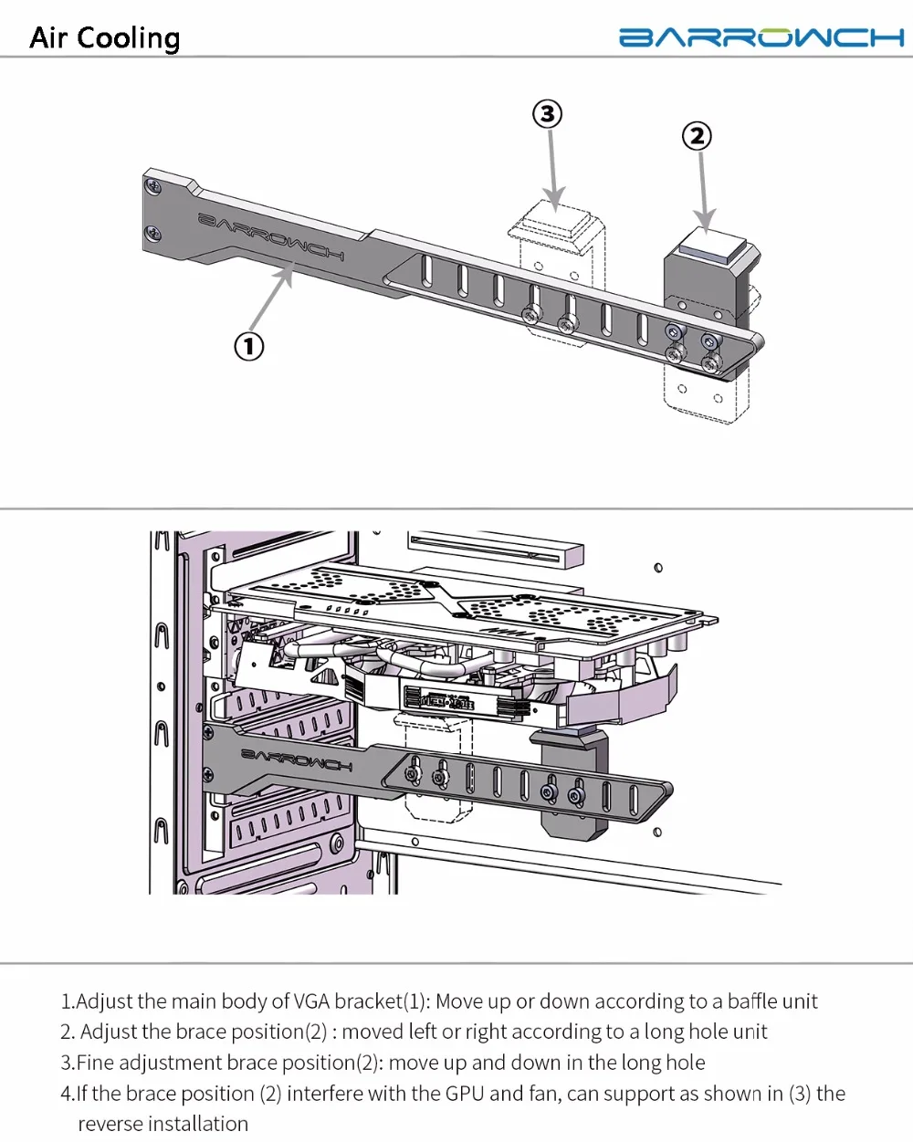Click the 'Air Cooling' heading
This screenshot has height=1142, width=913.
105,38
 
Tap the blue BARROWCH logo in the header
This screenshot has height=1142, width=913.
761,37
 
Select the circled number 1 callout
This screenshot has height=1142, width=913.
249,347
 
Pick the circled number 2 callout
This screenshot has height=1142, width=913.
697,136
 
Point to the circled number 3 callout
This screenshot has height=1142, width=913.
547,114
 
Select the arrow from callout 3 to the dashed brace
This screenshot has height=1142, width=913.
553,170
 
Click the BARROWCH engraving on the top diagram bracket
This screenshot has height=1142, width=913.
271,236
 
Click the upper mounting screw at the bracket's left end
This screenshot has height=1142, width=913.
154,186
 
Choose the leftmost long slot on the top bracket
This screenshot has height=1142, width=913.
426,270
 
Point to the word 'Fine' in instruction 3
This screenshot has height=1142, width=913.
96,1063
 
